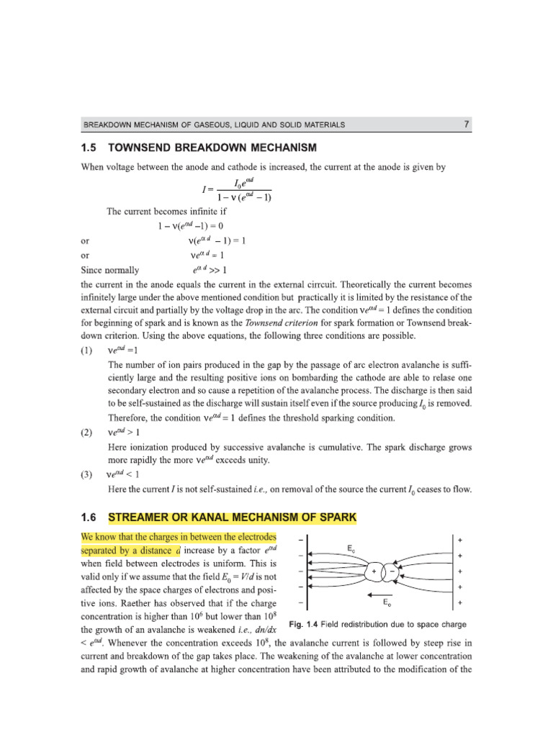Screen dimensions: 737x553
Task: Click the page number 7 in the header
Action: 467,125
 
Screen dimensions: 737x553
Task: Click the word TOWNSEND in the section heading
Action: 143,148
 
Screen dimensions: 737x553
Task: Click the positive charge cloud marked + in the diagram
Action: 375,571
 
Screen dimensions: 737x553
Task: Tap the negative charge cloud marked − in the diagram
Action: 392,571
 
